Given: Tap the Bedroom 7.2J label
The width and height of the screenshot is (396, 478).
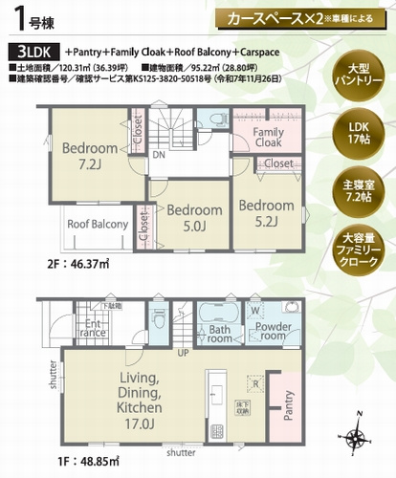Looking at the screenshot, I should [x=89, y=156].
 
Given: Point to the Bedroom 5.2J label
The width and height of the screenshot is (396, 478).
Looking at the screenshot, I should [x=266, y=212].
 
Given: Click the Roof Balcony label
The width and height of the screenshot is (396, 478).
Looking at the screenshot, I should [x=97, y=224].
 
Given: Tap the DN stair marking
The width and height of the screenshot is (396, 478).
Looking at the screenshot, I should [x=158, y=153].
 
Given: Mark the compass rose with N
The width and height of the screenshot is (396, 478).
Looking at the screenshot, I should [x=358, y=437].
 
